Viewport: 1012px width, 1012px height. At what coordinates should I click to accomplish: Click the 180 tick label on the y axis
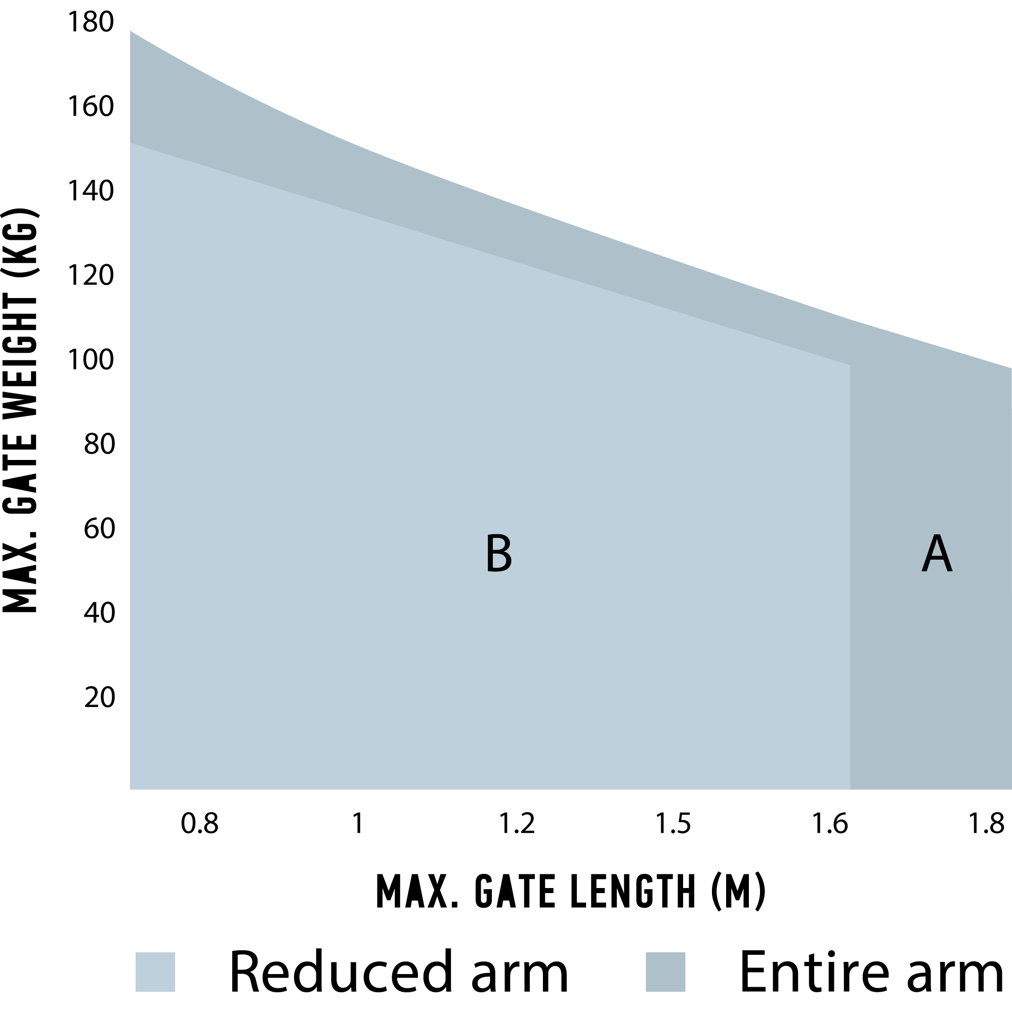point(91,23)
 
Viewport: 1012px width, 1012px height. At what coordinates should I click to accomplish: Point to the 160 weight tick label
point(91,107)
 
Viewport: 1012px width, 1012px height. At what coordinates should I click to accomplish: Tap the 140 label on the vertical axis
point(91,191)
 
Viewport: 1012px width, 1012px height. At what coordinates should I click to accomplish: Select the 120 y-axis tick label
point(91,276)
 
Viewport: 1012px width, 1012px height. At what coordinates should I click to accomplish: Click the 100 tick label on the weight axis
point(91,360)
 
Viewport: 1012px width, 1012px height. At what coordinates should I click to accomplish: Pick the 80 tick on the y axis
point(99,445)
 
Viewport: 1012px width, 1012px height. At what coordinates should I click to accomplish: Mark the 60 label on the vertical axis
point(99,529)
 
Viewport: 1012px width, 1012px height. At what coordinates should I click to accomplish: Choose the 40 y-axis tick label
point(99,613)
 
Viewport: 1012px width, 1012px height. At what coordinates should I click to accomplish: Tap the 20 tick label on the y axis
point(99,698)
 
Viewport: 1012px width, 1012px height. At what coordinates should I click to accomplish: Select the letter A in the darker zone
point(937,554)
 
